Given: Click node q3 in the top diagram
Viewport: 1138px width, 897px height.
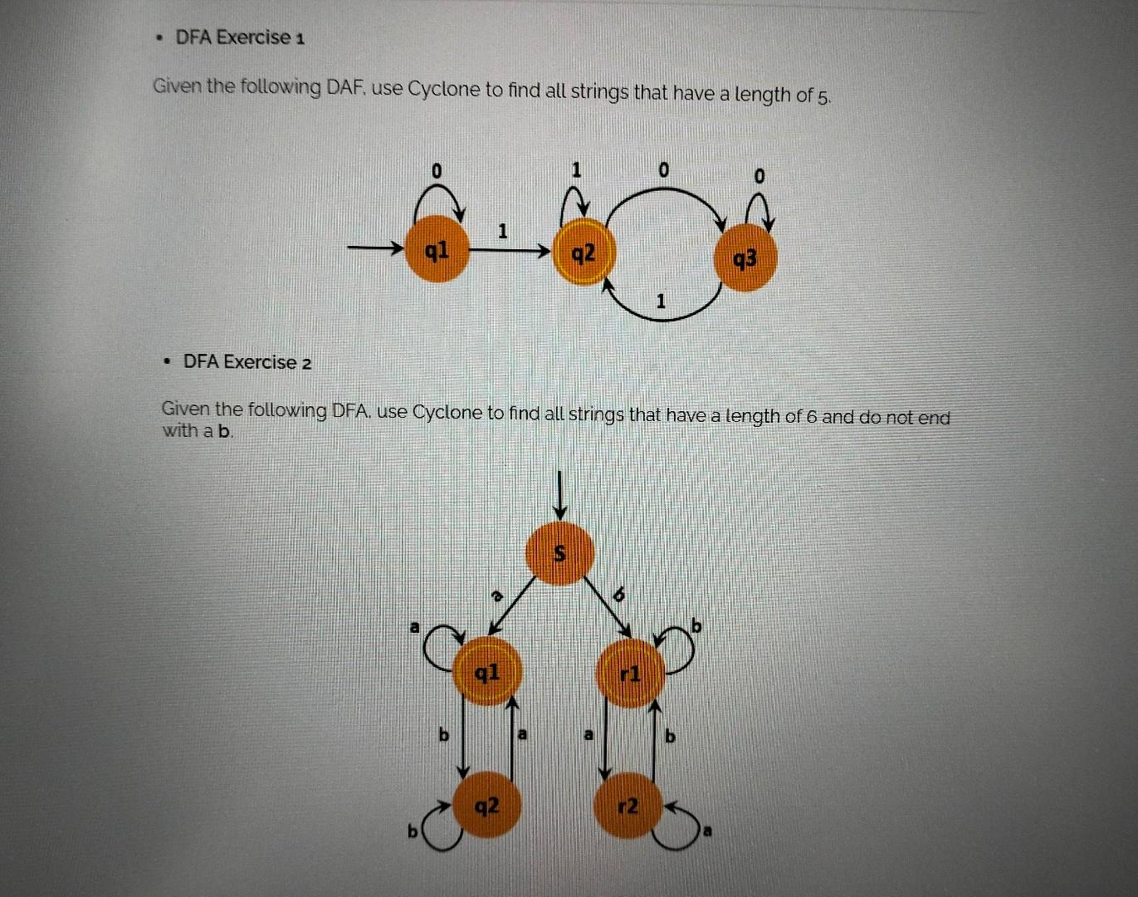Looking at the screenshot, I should point(745,259).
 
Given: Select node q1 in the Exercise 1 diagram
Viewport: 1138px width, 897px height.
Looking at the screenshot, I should point(437,248).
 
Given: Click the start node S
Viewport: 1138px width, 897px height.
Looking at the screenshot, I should point(560,553).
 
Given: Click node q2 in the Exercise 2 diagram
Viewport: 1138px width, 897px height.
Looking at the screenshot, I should point(487,804).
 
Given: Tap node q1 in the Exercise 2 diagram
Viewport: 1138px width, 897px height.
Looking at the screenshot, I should point(487,672).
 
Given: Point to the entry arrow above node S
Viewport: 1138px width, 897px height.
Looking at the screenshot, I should point(560,495).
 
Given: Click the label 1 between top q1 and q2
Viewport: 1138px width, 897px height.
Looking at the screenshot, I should point(502,231).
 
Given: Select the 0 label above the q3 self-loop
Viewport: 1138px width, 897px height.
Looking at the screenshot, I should point(759,177).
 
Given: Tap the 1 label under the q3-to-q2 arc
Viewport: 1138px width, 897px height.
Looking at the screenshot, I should point(661,302).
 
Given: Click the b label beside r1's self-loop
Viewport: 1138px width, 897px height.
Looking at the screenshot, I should point(696,625).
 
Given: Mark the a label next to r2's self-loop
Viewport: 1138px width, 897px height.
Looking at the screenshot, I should point(708,831).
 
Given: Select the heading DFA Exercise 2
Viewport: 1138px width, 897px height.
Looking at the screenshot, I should point(247,362).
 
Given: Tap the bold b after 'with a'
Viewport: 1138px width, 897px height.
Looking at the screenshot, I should point(222,431).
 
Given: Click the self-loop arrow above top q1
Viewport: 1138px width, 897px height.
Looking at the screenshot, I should point(437,197).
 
